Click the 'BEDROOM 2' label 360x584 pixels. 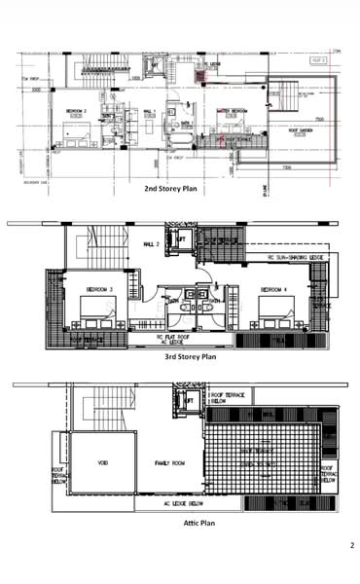(x=78, y=111)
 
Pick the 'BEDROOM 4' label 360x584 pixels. (x=269, y=289)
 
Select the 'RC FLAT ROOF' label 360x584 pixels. (x=169, y=337)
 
